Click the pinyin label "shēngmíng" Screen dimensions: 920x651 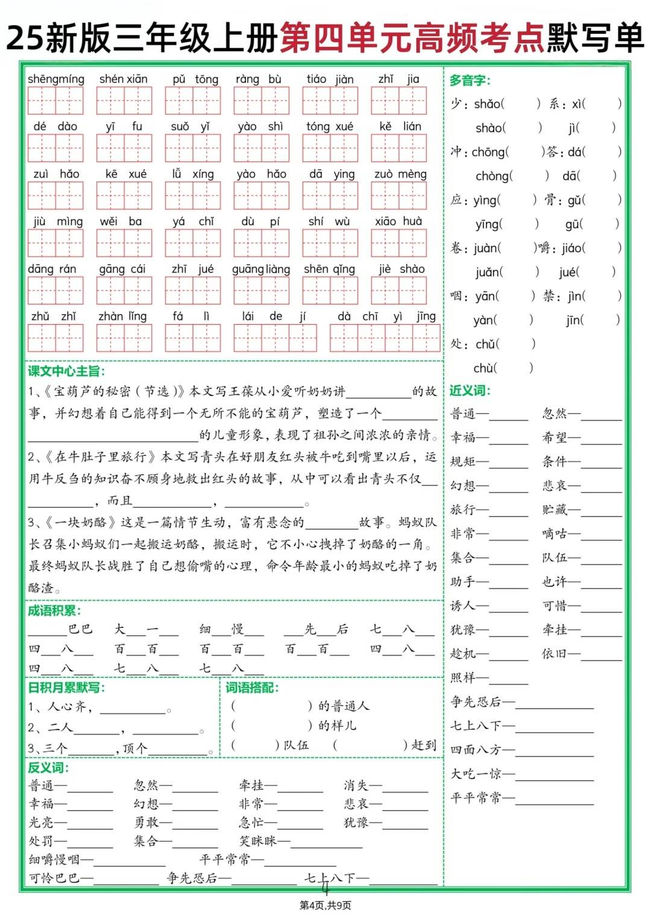point(56,80)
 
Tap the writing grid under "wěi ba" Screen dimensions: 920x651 point(124,243)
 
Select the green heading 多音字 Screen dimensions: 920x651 point(470,80)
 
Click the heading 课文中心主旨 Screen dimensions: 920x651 point(66,371)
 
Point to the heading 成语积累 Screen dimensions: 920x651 point(54,611)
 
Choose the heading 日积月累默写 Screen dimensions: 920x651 point(66,687)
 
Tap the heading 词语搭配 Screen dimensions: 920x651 point(252,687)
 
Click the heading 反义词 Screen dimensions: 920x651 point(48,768)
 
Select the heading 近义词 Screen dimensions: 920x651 point(470,390)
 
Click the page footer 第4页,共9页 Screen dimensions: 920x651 point(325,905)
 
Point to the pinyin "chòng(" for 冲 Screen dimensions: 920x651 point(494,176)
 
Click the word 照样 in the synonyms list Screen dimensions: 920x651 point(463,678)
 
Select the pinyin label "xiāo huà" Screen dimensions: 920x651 point(398,221)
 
